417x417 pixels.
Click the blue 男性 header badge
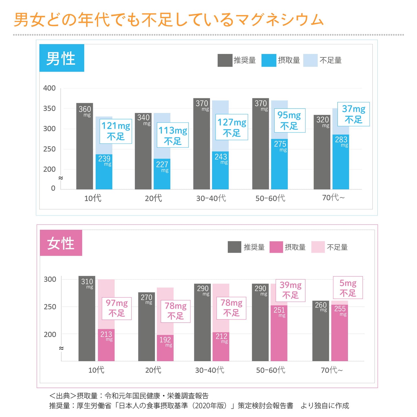pos(61,58)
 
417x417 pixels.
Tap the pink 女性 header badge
pos(61,243)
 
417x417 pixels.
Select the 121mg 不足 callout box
pos(116,131)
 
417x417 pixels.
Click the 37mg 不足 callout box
pos(354,114)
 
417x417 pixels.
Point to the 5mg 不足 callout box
pos(348,288)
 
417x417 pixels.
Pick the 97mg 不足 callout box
pos(117,308)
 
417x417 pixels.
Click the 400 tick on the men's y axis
pos(49,88)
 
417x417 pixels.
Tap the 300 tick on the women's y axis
pos(50,279)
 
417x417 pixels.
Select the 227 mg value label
pos(162,166)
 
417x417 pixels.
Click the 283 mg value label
pos(341,141)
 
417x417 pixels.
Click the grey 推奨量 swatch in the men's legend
pos(225,60)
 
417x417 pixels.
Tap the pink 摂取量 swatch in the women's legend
pos(276,247)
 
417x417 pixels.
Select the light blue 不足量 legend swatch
pos(310,60)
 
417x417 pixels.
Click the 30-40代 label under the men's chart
pos(211,198)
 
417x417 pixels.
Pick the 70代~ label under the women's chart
pos(332,370)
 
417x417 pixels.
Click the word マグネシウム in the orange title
pos(279,20)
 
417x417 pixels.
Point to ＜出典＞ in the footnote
pos(62,396)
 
